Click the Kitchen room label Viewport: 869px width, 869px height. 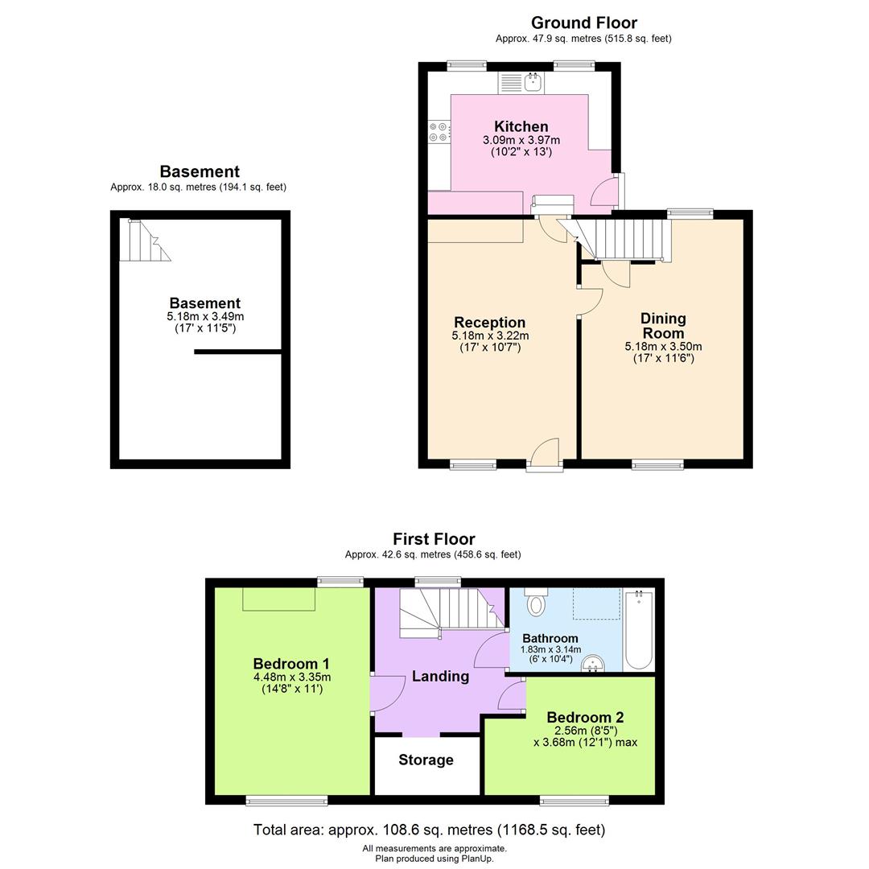[x=521, y=126]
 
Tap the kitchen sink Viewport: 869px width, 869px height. [x=532, y=81]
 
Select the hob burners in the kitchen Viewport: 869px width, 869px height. [x=439, y=131]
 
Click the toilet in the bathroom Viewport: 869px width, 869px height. [x=536, y=603]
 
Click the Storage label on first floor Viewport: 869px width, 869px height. [x=426, y=760]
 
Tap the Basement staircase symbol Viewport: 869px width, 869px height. [x=143, y=241]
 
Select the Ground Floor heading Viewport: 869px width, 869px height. [x=583, y=23]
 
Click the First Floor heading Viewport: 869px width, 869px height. [x=434, y=539]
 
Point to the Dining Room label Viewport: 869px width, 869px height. [x=663, y=326]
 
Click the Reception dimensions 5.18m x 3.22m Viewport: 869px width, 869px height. [x=490, y=336]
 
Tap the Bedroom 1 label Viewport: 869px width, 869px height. [x=291, y=664]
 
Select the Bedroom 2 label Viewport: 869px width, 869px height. [x=585, y=717]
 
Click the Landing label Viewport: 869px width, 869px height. [x=440, y=676]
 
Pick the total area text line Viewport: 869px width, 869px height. [x=429, y=830]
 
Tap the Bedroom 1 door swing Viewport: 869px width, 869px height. [x=386, y=694]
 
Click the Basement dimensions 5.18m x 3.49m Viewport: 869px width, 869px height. [x=204, y=317]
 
